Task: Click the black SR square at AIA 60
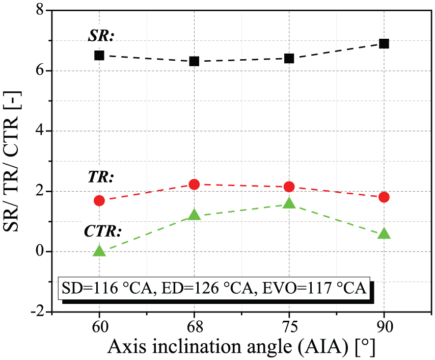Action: [99, 56]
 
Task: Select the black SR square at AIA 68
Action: [194, 61]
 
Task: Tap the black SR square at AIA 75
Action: [289, 58]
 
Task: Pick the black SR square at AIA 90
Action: [384, 44]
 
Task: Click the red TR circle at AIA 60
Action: [99, 200]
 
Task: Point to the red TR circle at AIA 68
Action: [194, 184]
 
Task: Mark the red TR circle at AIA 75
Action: [289, 187]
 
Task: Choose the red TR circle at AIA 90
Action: [384, 197]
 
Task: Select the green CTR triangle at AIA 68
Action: [194, 215]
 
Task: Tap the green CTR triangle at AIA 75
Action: [289, 203]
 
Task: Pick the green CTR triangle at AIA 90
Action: [384, 234]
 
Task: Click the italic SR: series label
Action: [101, 36]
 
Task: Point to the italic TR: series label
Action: [101, 176]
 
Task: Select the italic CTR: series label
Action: [103, 231]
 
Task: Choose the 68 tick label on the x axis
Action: [194, 327]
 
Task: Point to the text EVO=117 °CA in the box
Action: [314, 288]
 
